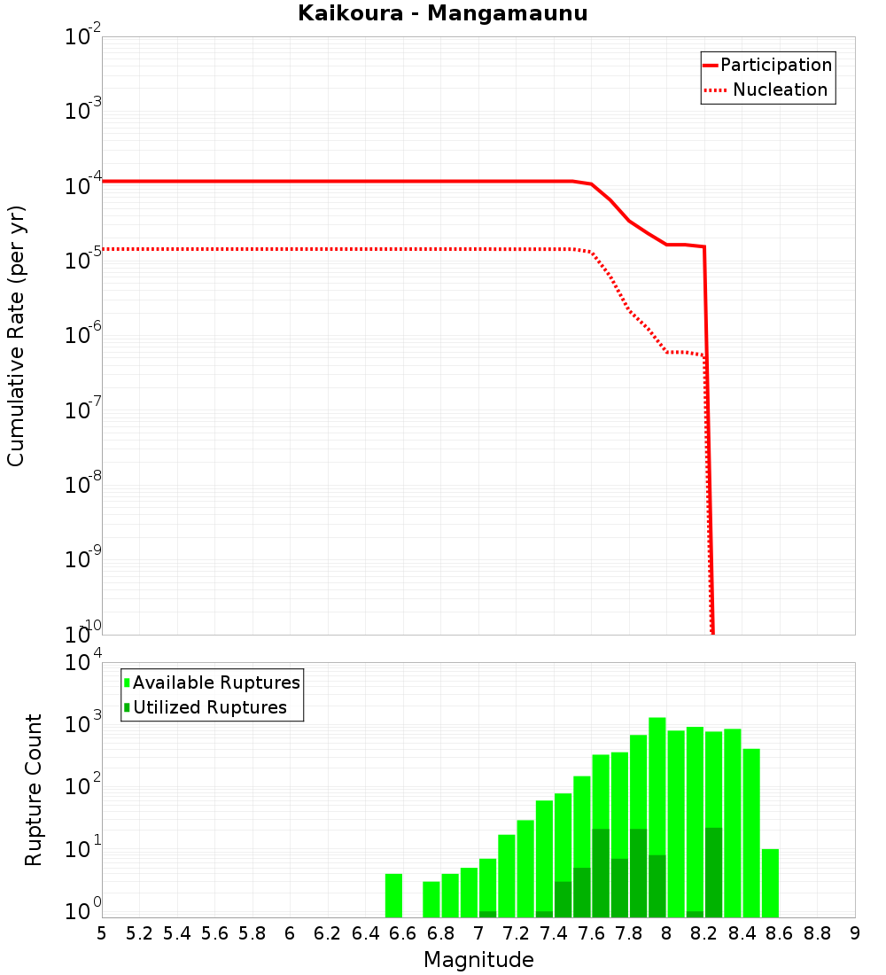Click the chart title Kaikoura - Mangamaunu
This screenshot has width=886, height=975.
(x=442, y=13)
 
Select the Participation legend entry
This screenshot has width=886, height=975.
(x=767, y=65)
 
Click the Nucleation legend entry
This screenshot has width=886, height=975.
(x=767, y=90)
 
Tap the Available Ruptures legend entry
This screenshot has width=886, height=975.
(x=212, y=682)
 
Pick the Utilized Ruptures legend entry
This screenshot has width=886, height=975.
(x=205, y=707)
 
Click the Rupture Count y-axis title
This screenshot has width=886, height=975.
(x=34, y=789)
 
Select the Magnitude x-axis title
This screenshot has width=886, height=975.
(x=478, y=960)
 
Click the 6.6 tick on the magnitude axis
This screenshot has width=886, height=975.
(x=403, y=933)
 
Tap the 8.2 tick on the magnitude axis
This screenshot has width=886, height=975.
(x=704, y=933)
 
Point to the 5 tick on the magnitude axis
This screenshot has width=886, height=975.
(x=102, y=933)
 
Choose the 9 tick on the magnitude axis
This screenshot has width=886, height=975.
(x=855, y=933)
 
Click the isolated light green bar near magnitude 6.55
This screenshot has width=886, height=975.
(x=393, y=895)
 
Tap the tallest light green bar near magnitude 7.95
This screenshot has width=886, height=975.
(x=657, y=798)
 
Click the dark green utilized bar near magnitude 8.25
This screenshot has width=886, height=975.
(x=713, y=873)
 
